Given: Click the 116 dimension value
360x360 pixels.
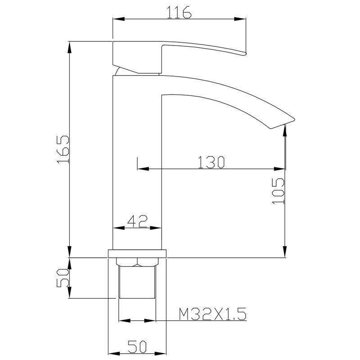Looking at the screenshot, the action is [x=179, y=13].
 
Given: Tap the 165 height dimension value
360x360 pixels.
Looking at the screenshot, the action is [x=63, y=149].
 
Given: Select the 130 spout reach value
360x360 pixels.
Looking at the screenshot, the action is [x=211, y=162].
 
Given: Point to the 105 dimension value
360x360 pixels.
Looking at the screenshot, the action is [x=278, y=191].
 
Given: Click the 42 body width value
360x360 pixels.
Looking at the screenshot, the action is [x=137, y=221].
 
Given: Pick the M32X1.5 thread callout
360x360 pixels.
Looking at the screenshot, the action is [x=212, y=314].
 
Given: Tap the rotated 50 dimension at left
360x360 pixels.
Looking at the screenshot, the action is [x=63, y=278].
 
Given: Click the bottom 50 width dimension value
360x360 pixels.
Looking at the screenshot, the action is [x=137, y=346].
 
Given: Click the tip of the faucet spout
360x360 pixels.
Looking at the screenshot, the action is [x=294, y=119].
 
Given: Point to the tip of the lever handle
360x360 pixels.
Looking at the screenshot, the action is [x=245, y=54].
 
